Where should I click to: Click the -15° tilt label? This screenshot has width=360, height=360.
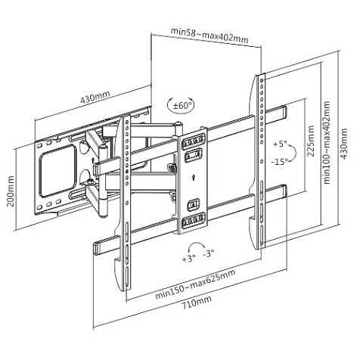[x=281, y=162]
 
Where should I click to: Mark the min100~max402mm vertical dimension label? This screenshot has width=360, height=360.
[x=327, y=144]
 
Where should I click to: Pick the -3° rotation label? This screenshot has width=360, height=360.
[x=206, y=254]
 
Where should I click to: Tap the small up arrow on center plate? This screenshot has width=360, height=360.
[x=194, y=178]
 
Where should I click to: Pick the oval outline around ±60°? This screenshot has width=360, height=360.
[x=179, y=105]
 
